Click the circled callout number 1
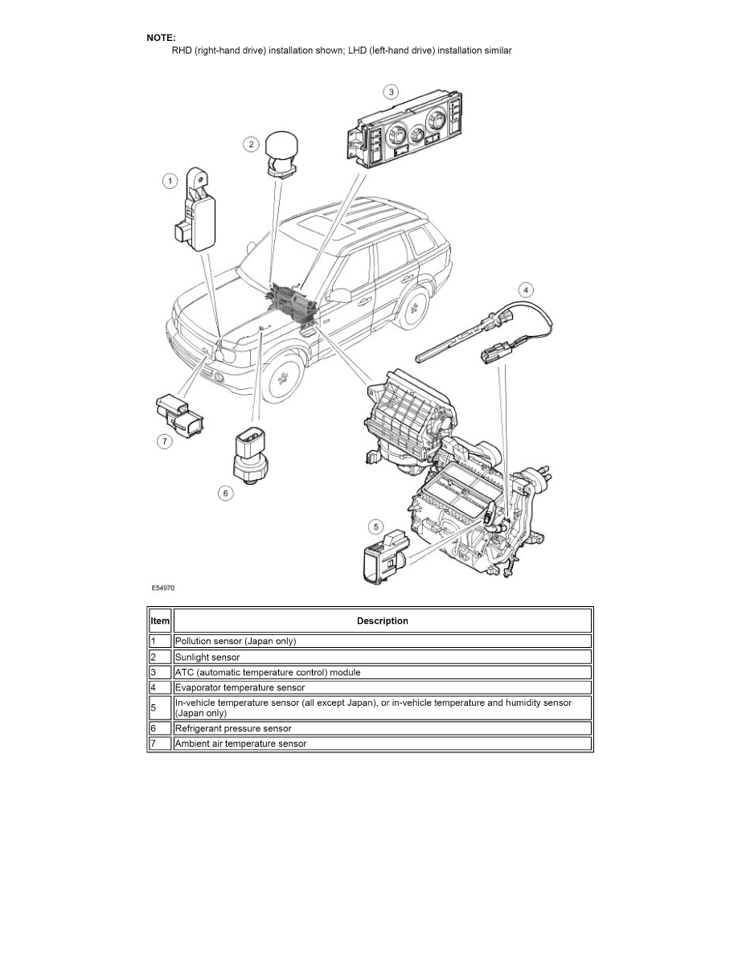point(170,181)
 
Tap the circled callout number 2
point(251,144)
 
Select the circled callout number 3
point(390,91)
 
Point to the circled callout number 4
point(526,289)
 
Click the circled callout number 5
point(375,527)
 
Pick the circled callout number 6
point(226,493)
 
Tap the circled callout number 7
point(163,441)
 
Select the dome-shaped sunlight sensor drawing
point(282,151)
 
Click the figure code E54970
point(162,588)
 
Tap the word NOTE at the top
point(161,38)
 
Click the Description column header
point(382,621)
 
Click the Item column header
point(160,621)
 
